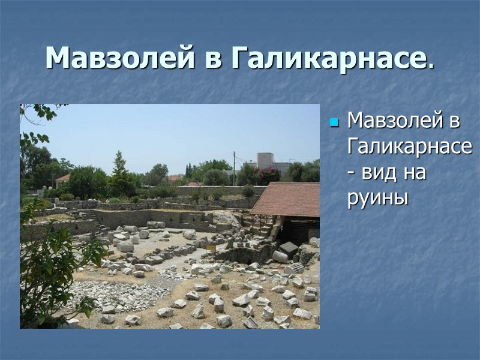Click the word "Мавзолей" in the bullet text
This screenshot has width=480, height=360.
(397, 121)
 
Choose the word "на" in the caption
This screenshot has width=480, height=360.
(415, 173)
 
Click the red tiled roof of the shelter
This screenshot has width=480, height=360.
(287, 198)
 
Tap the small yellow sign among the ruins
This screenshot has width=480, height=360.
(211, 247)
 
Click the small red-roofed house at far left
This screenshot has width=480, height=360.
(62, 179)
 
